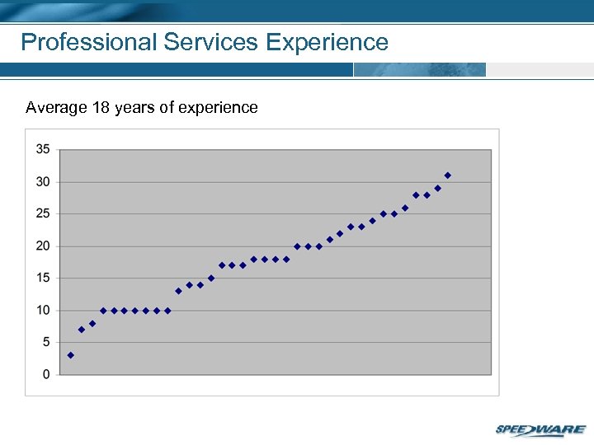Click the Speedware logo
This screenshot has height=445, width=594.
540,429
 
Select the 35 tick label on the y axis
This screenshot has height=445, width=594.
43,149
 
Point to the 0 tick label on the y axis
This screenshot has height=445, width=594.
46,374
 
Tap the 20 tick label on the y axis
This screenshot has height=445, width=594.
43,246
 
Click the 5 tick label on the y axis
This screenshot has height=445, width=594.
46,342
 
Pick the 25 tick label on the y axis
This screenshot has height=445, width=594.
43,213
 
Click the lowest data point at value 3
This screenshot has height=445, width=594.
71,355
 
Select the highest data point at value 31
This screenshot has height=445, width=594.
448,176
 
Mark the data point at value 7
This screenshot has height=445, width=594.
82,330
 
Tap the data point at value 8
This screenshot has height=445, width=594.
92,323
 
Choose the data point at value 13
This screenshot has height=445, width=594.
178,291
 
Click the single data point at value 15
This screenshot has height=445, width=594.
211,279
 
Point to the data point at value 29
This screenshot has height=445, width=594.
438,189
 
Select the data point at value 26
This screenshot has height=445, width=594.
405,208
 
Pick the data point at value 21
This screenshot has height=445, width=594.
330,240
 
